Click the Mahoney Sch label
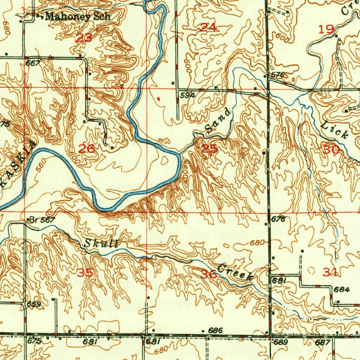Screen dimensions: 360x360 click(78, 16)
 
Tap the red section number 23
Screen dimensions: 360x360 click(84, 38)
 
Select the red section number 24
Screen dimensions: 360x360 click(208, 27)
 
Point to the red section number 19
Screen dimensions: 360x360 click(326, 29)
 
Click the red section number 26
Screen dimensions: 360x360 click(86, 149)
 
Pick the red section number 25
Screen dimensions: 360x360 click(210, 149)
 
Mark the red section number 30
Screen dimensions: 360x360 click(331, 150)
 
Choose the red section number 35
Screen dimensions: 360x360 click(85, 273)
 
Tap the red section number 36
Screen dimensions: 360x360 click(208, 274)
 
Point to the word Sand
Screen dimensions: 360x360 click(219, 122)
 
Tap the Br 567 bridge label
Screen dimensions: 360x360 click(42, 220)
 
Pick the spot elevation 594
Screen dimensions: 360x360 click(187, 95)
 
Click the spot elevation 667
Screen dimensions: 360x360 click(33, 63)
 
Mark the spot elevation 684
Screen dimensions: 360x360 click(341, 290)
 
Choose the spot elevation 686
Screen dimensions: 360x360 click(216, 330)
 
